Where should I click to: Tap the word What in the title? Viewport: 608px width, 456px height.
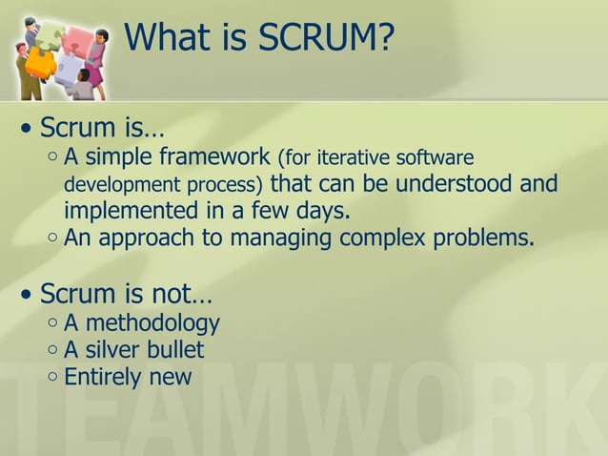166,37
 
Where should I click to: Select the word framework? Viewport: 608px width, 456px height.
213,155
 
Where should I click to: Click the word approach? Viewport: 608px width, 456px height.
143,238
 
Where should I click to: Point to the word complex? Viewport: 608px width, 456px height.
383,238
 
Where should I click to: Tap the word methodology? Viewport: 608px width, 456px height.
152,323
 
